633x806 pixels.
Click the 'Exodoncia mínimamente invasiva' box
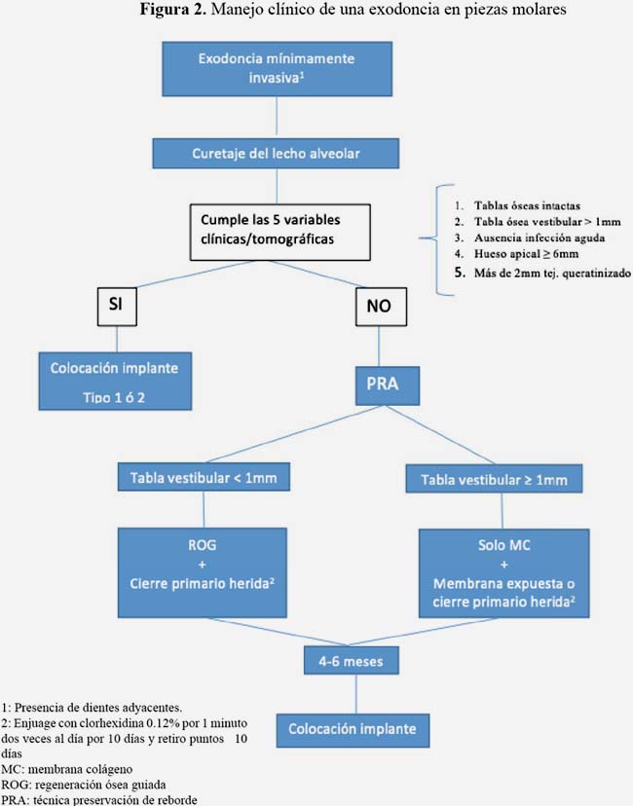point(278,69)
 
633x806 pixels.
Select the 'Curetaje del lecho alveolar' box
point(276,153)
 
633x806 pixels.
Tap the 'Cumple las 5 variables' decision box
point(279,233)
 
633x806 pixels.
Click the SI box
point(117,307)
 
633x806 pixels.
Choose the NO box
point(381,307)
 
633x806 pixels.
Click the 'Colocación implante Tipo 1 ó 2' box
point(115,381)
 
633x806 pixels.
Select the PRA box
point(388,385)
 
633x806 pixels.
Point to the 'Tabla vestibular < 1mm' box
point(204,477)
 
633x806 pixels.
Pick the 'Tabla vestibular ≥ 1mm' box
point(494,479)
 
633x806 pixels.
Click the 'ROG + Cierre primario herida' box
point(203,572)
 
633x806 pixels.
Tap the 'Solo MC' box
point(503,572)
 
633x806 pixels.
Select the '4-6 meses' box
point(352,661)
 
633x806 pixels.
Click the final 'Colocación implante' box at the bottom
point(353,730)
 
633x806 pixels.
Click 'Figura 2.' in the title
point(172,10)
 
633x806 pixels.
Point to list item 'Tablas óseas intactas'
point(527,206)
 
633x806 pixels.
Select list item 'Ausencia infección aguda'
point(540,238)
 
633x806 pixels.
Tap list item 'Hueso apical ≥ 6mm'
point(526,254)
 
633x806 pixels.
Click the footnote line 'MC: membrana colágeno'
point(67,770)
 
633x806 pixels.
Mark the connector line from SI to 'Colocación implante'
point(117,340)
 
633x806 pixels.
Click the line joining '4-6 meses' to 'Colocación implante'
point(355,694)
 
